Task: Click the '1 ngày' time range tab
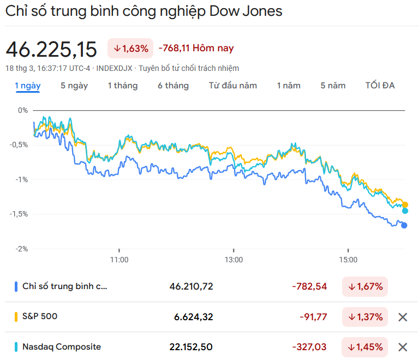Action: pyautogui.click(x=27, y=86)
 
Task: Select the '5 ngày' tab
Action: pyautogui.click(x=74, y=86)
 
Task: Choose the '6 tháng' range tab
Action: pyautogui.click(x=173, y=86)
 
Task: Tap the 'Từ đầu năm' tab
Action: pyautogui.click(x=232, y=86)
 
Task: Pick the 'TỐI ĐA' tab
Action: pyautogui.click(x=380, y=86)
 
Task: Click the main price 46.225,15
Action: pyautogui.click(x=51, y=50)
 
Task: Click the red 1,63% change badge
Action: pyautogui.click(x=130, y=49)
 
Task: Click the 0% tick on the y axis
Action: pyautogui.click(x=22, y=110)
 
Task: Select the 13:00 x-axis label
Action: pyautogui.click(x=234, y=260)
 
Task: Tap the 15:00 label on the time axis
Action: pyautogui.click(x=348, y=260)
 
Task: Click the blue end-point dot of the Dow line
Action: pyautogui.click(x=404, y=225)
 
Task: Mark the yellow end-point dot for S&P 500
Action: pyautogui.click(x=405, y=205)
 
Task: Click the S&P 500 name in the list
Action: pyautogui.click(x=40, y=316)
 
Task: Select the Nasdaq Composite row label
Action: pyautogui.click(x=61, y=347)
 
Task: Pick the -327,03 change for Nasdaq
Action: pyautogui.click(x=309, y=347)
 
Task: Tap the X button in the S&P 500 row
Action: pyautogui.click(x=403, y=317)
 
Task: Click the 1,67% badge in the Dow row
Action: pyautogui.click(x=365, y=286)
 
